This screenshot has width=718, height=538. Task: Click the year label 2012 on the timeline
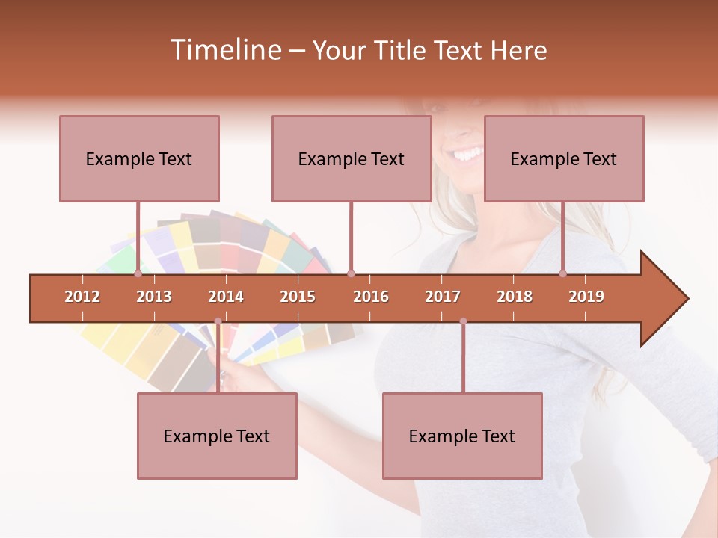coord(82,297)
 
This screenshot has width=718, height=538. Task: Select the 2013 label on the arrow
coord(154,297)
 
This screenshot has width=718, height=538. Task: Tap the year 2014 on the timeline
coord(226,297)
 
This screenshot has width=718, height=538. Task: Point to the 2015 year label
coord(298,297)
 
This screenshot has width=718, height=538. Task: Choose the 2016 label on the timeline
coord(371,297)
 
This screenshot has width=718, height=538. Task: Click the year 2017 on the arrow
coord(443,297)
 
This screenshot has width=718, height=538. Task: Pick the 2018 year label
coord(515,297)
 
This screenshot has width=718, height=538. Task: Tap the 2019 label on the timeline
coord(586,297)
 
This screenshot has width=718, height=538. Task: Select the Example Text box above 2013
coord(139,158)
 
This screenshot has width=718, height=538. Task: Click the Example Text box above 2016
coord(352,158)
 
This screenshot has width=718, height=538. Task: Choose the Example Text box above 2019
coord(564,158)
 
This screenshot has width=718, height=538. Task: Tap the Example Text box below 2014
coord(217,436)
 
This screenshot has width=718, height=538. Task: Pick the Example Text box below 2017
coord(462,436)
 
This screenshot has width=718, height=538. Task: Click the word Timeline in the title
coord(225,50)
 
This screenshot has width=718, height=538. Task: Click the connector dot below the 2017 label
coord(463,321)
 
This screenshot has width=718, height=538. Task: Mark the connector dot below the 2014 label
coord(218,321)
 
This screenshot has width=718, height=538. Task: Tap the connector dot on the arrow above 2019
coord(563,273)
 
